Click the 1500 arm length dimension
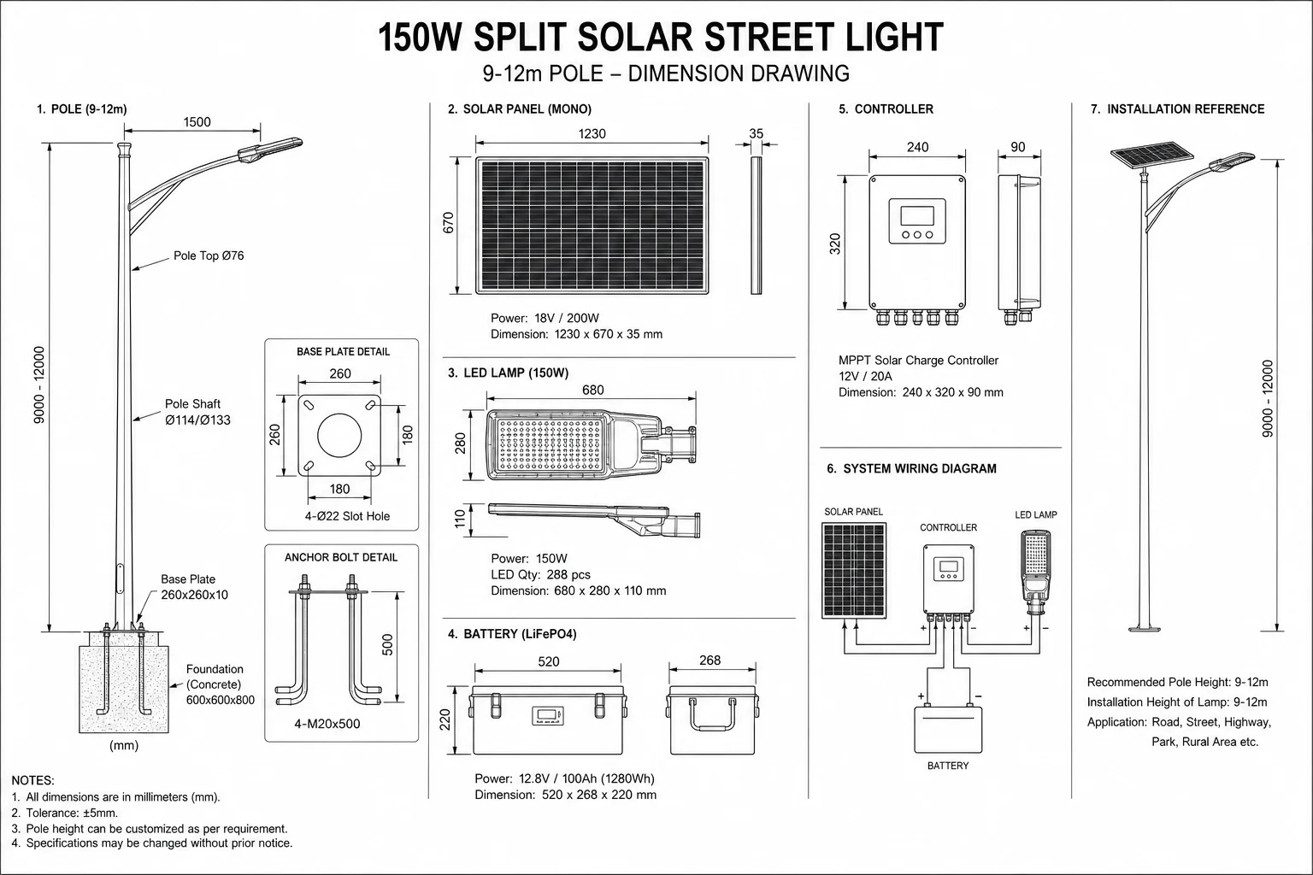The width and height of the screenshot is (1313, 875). [197, 122]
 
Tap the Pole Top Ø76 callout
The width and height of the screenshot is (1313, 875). [209, 255]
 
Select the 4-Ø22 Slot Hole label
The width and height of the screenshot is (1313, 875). [347, 516]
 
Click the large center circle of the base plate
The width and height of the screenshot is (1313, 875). [339, 436]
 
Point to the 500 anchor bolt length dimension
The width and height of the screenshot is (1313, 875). [387, 644]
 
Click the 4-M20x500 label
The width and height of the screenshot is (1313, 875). [327, 724]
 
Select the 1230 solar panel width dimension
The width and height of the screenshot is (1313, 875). [592, 133]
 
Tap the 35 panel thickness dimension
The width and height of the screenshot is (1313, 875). [757, 133]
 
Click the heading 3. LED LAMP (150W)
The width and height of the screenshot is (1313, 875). [509, 373]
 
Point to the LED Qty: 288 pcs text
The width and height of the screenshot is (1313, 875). [540, 574]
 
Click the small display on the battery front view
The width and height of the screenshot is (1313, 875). [547, 715]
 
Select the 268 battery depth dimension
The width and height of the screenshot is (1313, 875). [709, 661]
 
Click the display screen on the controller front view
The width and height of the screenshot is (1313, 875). [917, 215]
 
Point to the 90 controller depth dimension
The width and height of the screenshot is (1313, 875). [1018, 147]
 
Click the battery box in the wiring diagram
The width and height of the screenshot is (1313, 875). [948, 730]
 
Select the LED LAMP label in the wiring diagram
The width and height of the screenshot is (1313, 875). [1036, 515]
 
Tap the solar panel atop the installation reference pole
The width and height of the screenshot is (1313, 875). [1151, 153]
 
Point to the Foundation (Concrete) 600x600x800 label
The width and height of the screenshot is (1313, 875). [221, 684]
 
